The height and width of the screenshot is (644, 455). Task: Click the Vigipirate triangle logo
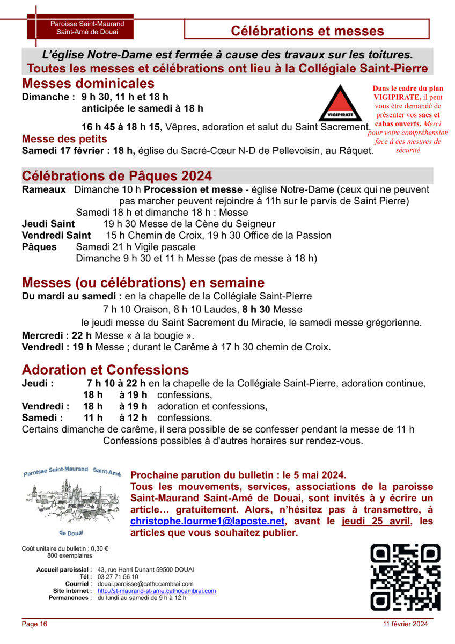(x=341, y=103)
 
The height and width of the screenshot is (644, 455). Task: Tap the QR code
(x=406, y=577)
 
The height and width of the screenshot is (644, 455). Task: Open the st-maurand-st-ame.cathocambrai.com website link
(x=157, y=591)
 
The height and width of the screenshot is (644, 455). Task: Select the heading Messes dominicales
(x=88, y=84)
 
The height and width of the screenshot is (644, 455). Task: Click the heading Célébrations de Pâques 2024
(x=117, y=176)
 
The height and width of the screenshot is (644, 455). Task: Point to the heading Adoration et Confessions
(x=105, y=370)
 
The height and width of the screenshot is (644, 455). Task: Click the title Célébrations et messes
(x=307, y=31)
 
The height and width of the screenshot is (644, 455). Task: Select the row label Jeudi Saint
(x=48, y=224)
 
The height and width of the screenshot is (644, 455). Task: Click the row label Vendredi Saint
(x=56, y=236)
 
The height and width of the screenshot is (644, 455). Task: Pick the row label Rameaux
(x=43, y=189)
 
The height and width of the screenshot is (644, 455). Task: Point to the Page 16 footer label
(x=35, y=624)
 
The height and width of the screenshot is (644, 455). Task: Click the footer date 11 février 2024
(x=405, y=624)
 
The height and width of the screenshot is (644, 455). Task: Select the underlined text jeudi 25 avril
(x=375, y=521)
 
